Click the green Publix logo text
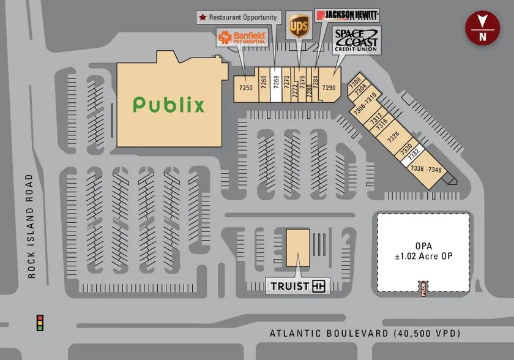click(169, 105)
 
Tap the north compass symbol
click(482, 28)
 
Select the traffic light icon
click(40, 323)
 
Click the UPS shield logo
click(298, 27)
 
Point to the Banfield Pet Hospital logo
click(242, 37)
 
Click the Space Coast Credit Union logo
click(357, 40)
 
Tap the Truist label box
click(297, 285)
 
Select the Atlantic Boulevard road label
click(365, 334)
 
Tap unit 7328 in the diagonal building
click(393, 135)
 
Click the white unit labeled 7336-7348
click(426, 168)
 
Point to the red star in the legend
click(202, 17)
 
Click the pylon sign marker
click(422, 287)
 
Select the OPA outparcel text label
click(424, 252)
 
